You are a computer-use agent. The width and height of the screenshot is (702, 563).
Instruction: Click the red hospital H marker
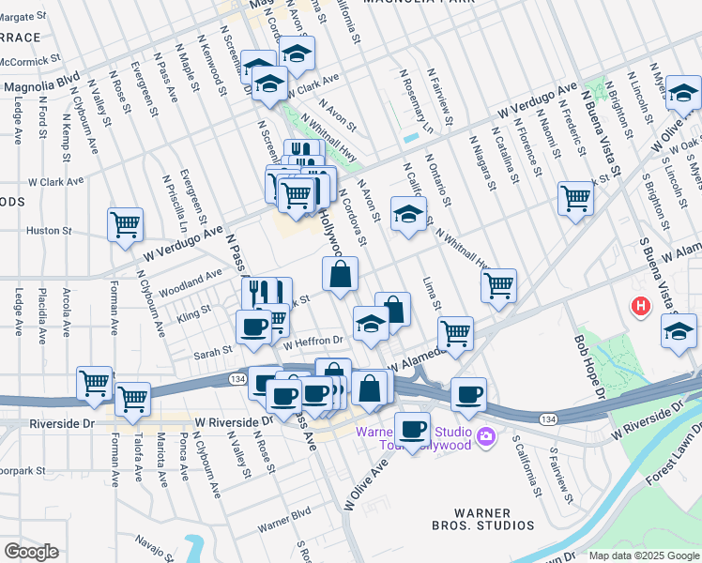[x=641, y=306]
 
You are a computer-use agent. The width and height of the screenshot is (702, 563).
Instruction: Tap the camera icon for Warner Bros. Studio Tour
[x=485, y=435]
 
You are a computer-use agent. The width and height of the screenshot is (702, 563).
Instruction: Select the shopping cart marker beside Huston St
[x=125, y=225]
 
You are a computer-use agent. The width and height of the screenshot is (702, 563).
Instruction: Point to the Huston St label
[x=49, y=230]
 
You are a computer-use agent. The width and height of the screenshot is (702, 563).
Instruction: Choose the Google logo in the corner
[x=31, y=551]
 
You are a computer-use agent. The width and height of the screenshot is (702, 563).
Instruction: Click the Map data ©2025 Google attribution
[x=643, y=555]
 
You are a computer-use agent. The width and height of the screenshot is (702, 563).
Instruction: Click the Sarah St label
[x=213, y=351]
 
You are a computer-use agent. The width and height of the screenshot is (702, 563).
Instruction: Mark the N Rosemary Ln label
[x=415, y=102]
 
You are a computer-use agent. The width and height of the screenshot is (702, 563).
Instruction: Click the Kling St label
[x=194, y=313]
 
